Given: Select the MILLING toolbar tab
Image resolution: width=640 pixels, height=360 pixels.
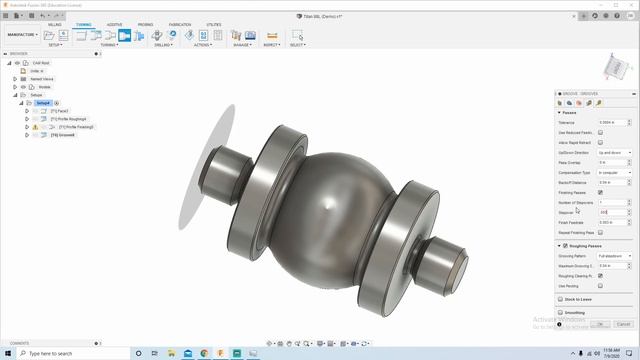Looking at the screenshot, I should [x=55, y=24].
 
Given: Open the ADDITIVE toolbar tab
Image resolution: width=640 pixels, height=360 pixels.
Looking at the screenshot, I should [x=114, y=24].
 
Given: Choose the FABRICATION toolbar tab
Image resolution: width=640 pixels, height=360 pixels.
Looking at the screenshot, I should [x=180, y=24].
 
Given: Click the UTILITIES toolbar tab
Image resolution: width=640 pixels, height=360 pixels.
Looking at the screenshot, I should [x=214, y=24].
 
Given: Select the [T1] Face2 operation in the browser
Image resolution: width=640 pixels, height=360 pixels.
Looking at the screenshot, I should [x=59, y=111].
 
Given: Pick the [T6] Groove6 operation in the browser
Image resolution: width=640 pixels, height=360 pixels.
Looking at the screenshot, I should [x=63, y=135].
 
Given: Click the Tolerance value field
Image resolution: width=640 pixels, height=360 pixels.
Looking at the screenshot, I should [x=612, y=122].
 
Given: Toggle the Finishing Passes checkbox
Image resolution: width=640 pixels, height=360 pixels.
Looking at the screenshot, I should [x=601, y=192].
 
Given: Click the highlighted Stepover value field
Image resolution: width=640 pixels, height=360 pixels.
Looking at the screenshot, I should [x=611, y=212].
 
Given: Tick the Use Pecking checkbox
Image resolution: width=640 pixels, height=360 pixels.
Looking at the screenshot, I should [x=601, y=285].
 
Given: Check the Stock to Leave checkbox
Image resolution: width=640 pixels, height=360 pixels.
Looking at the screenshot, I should [x=560, y=299].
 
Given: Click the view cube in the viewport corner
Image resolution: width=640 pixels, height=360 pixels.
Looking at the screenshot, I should [x=611, y=69].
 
